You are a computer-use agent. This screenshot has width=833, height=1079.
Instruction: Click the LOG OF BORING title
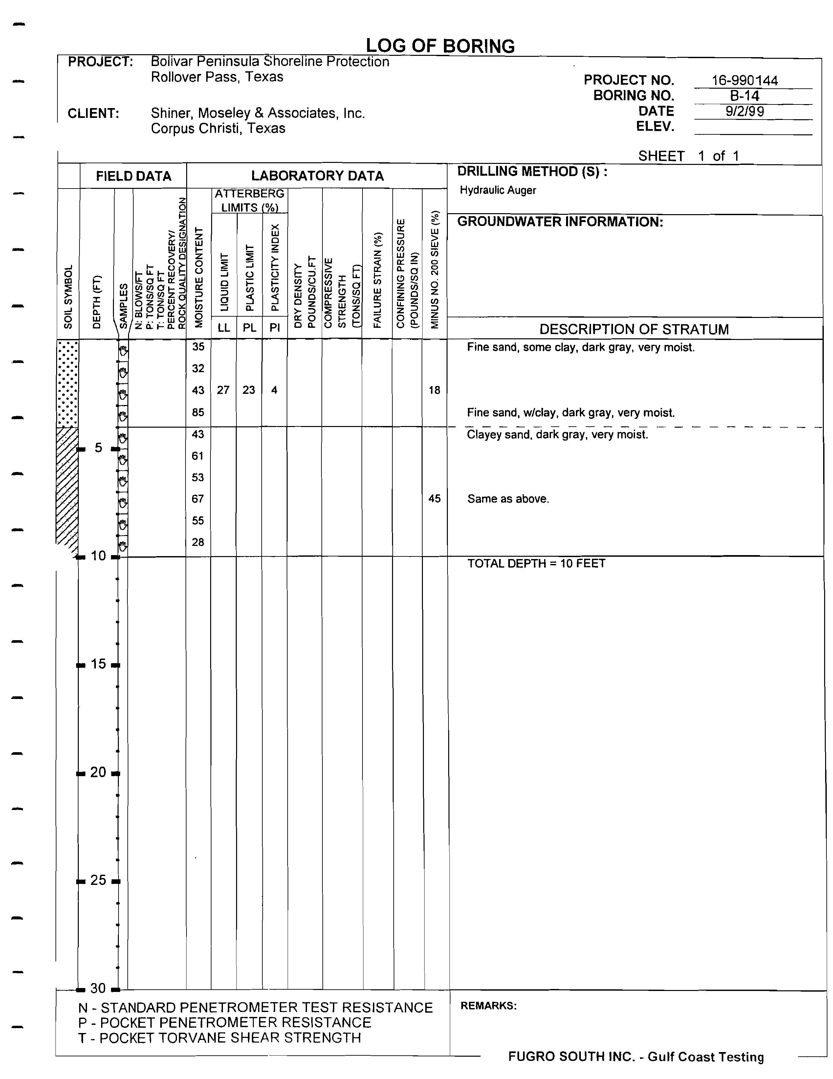pyautogui.click(x=440, y=46)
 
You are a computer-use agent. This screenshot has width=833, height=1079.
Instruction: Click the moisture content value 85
pyautogui.click(x=198, y=412)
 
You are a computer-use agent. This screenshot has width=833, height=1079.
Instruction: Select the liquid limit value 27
pyautogui.click(x=223, y=390)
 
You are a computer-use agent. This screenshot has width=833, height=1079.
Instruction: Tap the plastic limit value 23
pyautogui.click(x=249, y=390)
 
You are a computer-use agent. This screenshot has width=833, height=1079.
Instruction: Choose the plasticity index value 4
pyautogui.click(x=274, y=390)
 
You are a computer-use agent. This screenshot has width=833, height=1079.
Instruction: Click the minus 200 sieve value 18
pyautogui.click(x=434, y=390)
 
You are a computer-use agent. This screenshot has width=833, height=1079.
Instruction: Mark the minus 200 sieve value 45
pyautogui.click(x=434, y=499)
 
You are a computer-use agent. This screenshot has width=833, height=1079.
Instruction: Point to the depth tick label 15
pyautogui.click(x=98, y=664)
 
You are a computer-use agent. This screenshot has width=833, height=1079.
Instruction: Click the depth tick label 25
pyautogui.click(x=98, y=880)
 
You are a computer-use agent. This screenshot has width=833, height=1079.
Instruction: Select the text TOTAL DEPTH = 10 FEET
pyautogui.click(x=536, y=564)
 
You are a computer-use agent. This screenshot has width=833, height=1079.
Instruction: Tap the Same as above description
pyautogui.click(x=508, y=499)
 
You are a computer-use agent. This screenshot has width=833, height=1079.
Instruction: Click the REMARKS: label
pyautogui.click(x=488, y=1006)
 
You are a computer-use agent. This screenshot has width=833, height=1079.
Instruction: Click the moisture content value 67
pyautogui.click(x=198, y=499)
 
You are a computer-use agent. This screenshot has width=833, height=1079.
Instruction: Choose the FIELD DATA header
pyautogui.click(x=133, y=176)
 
